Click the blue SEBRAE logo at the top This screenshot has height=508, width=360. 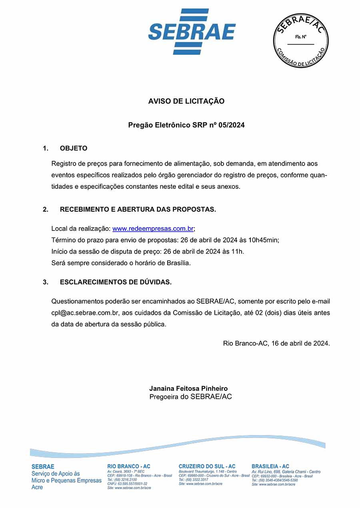coord(192,32)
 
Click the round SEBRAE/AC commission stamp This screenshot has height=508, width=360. coord(301,40)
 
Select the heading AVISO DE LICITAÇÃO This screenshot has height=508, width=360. coord(186,101)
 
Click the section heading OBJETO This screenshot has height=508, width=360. coord(74,148)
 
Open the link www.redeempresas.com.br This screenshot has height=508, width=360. coord(153,229)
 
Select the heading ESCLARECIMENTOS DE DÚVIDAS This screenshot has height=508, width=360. coord(116,282)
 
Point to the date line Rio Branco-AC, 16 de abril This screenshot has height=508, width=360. coord(276,343)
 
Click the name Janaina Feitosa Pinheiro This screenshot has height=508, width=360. coord(188,388)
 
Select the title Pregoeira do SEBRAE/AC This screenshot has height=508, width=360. coord(190,397)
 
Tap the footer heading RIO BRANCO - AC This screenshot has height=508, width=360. coord(129,466)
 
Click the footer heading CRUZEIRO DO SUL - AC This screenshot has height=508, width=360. coord(207,466)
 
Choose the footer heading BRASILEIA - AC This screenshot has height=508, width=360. coord(270,466)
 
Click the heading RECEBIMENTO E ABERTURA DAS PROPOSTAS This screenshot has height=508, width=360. coord(138,210)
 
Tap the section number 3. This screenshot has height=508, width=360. coord(46,282)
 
